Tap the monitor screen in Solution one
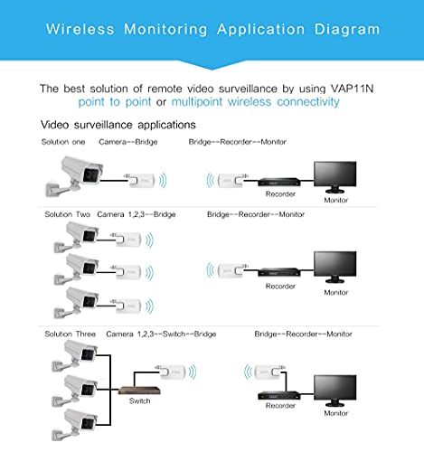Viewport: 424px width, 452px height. tap(337, 173)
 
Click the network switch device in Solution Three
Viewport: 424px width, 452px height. tap(139, 387)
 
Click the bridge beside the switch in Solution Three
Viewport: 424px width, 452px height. tap(173, 372)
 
